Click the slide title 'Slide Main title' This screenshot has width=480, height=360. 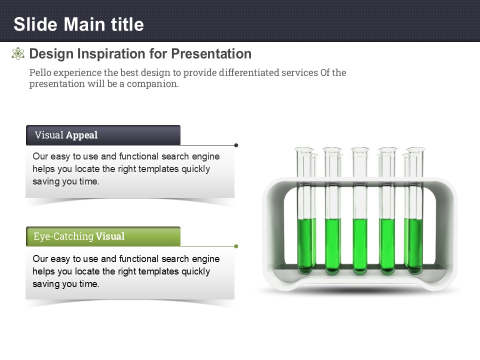(x=78, y=24)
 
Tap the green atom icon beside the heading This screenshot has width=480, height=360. (x=18, y=53)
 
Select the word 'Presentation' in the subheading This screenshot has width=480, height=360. (x=211, y=54)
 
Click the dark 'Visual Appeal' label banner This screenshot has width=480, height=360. (x=103, y=135)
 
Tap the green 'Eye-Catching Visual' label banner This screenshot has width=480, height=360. (x=103, y=236)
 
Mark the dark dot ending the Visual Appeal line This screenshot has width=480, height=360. (x=236, y=145)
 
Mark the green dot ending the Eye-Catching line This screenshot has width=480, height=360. (x=236, y=246)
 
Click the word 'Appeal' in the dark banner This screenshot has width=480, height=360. (x=81, y=135)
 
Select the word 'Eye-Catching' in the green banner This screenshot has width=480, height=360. (x=63, y=236)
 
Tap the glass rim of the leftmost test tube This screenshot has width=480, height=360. (x=304, y=149)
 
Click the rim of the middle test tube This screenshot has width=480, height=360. (x=360, y=149)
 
